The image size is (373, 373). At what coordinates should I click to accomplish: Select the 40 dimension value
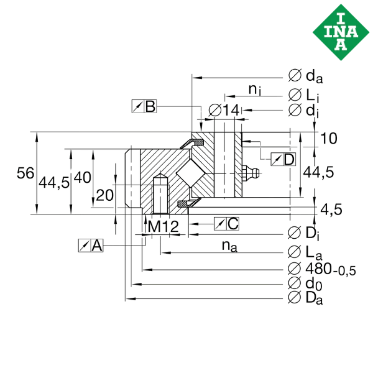pyautogui.click(x=82, y=177)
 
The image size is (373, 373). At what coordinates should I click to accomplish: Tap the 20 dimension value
pyautogui.click(x=104, y=195)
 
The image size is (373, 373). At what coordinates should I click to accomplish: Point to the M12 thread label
pyautogui.click(x=159, y=228)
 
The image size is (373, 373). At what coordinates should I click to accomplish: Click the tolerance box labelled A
pyautogui.click(x=90, y=246)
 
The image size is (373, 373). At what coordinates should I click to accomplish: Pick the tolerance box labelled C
pyautogui.click(x=226, y=223)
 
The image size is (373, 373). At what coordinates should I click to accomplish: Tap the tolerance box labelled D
pyautogui.click(x=284, y=159)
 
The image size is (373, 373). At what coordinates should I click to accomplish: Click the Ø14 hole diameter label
pyautogui.click(x=222, y=110)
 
